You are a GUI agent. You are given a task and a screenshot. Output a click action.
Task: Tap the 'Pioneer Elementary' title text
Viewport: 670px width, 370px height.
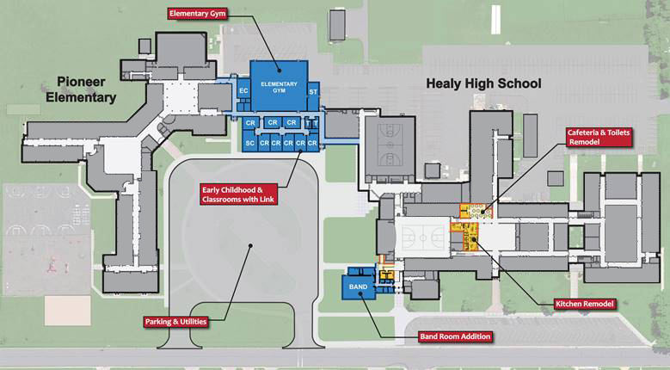[86, 89]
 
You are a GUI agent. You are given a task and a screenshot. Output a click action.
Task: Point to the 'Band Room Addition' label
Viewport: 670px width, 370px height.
[456, 336]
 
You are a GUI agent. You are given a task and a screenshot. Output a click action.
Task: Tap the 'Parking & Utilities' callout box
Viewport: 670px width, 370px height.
[177, 322]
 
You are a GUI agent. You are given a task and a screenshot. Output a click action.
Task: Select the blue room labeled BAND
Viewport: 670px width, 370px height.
[359, 286]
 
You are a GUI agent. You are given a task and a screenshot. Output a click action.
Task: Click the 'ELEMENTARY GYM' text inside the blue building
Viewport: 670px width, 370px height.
[279, 87]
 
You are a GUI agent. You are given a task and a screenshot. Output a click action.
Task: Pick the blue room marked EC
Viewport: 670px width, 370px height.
[243, 90]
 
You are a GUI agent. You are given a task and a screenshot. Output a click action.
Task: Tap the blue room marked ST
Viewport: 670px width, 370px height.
[313, 90]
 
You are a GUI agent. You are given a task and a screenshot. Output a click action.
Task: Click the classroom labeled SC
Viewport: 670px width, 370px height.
[249, 143]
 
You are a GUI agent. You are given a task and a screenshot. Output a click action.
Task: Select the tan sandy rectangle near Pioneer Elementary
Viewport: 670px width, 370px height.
[68, 307]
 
